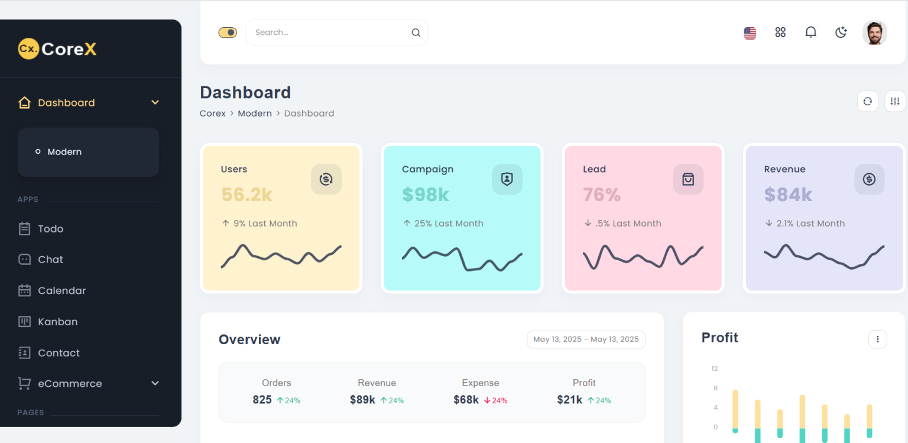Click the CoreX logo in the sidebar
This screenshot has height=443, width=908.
point(57,49)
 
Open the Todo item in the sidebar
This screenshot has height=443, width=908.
point(50,229)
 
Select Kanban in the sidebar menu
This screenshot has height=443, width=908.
point(57,322)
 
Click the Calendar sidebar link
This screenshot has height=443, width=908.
point(61,290)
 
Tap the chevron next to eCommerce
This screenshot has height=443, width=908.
point(155,383)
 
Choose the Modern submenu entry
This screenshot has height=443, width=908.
point(64,152)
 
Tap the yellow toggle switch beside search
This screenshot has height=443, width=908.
point(228,33)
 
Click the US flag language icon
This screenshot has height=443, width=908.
point(750,33)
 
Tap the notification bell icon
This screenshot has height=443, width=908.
point(810,33)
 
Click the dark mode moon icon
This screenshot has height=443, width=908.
point(841,33)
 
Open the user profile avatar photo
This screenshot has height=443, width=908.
point(874,33)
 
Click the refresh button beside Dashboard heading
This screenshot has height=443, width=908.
point(867,101)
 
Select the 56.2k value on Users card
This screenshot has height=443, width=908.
point(247,194)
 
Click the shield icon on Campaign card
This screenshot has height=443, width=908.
point(507,179)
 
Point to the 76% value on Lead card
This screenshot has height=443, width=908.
point(601,194)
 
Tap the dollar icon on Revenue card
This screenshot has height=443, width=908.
point(868,179)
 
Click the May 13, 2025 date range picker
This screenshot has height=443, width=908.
point(586,339)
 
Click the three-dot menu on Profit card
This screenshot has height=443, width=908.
point(877,339)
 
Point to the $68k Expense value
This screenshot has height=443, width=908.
point(466,400)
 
